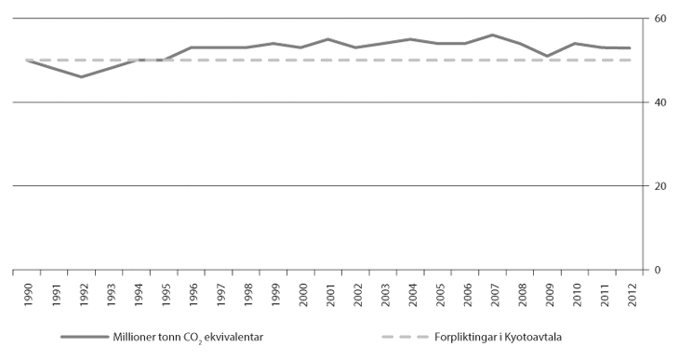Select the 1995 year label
pos(166,290)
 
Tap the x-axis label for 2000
pos(302,290)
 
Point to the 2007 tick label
pos(494,290)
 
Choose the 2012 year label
pos(631,290)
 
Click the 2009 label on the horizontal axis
pos(549,290)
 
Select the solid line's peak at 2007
pos(493,34)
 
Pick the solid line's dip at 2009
pos(548,56)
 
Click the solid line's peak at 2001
pos(328,39)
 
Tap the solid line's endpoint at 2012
pos(631,47)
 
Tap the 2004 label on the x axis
pos(412,290)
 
